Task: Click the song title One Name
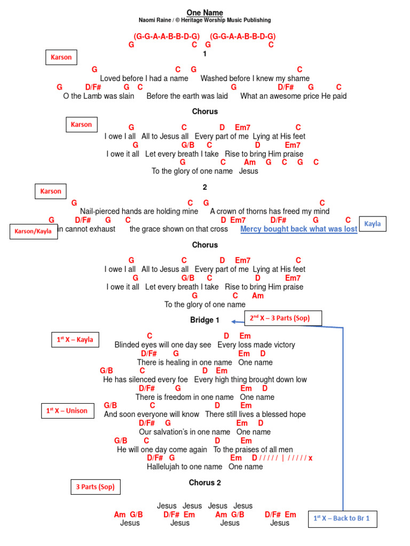click(x=205, y=12)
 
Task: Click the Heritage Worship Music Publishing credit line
click(x=205, y=20)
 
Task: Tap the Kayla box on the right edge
click(x=373, y=224)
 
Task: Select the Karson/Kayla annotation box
click(x=33, y=231)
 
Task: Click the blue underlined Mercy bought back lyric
click(x=298, y=229)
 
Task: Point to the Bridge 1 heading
click(x=205, y=320)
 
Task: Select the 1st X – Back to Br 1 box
click(x=342, y=518)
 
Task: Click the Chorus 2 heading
click(x=205, y=483)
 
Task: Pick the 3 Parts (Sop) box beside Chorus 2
click(x=96, y=487)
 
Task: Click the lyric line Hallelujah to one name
click(x=184, y=467)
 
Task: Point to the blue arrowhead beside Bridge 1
click(x=234, y=321)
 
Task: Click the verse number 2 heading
click(x=205, y=187)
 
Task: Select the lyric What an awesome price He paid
click(x=293, y=96)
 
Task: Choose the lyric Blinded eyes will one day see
click(x=163, y=345)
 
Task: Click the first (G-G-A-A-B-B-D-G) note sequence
click(x=167, y=36)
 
